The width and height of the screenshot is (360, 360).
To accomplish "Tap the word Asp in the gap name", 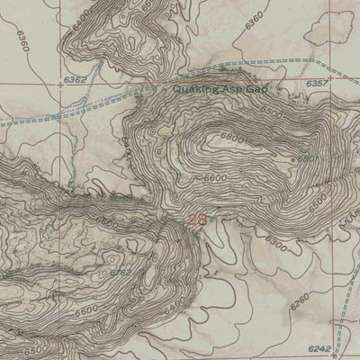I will [231, 90].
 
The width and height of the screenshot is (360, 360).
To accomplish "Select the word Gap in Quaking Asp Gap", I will [256, 90].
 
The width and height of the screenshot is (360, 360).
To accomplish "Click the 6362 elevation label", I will [76, 81].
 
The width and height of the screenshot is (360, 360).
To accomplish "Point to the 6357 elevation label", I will [317, 82].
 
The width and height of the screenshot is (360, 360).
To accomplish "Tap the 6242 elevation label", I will [319, 346].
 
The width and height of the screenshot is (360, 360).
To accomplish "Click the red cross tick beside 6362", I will [60, 81].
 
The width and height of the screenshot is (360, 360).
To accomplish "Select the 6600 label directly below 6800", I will [214, 177].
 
